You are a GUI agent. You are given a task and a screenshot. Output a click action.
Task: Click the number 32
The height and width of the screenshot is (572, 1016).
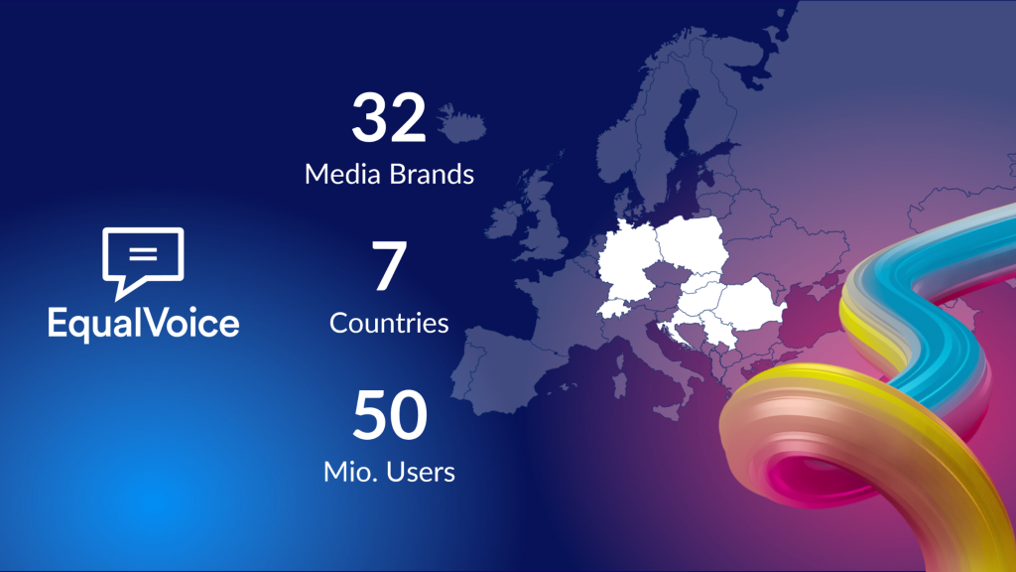coord(389,117)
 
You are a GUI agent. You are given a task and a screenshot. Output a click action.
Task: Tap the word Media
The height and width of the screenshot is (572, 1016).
coord(342,175)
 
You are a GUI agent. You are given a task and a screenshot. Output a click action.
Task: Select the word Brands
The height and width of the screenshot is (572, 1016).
coord(433,175)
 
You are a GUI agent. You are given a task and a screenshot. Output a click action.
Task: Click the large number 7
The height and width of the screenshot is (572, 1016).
coord(389,265)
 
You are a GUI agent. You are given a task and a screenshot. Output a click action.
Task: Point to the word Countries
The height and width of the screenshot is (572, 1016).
coord(389,323)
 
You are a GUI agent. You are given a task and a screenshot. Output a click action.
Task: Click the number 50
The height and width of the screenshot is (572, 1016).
coord(390,414)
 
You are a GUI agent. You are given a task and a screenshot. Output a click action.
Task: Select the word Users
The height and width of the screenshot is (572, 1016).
coord(421,472)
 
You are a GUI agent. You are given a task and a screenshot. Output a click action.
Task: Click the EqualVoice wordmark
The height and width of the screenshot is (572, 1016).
coord(143,324)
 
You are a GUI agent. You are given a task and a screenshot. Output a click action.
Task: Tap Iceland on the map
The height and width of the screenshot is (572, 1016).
coord(461,124)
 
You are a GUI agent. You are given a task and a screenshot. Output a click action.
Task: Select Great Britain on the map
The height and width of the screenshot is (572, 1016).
coord(543,214)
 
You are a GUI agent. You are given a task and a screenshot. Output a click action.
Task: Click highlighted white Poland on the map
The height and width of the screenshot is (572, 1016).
coord(692,242)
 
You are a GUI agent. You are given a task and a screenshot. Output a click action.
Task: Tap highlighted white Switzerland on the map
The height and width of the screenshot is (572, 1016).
coord(614,308)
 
